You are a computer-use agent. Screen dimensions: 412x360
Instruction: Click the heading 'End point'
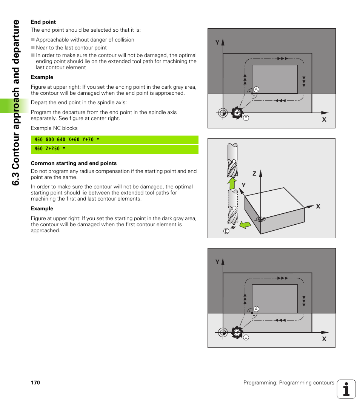43,22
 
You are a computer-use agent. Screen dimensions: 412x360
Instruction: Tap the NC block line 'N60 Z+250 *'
50,149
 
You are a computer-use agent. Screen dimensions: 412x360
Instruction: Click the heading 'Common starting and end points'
74,163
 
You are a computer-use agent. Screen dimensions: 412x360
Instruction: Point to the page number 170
35,383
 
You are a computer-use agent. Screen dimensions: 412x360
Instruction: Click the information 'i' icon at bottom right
346,389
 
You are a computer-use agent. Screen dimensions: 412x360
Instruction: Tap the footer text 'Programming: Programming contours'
288,383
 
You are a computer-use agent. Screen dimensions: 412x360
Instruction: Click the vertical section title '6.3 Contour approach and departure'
15,102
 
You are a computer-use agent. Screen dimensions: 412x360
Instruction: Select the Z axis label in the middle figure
254,174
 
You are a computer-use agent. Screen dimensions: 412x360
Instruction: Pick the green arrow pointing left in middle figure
245,225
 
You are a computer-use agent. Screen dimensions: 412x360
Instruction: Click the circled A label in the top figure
256,89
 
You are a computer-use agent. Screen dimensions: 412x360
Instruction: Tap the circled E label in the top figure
246,118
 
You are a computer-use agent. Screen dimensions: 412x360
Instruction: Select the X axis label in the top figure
324,119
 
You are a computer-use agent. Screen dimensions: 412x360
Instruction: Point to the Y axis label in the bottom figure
217,262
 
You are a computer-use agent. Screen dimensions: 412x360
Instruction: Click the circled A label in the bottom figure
256,309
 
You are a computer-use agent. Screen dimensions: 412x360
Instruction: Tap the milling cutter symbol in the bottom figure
237,332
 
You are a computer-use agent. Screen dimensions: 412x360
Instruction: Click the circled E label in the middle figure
226,231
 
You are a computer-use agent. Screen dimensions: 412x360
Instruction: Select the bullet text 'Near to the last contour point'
71,48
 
